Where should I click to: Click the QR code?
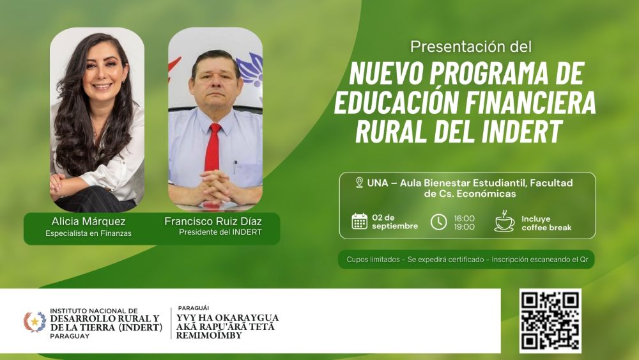pos(550,321)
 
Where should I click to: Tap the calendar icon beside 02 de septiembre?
pos(359,221)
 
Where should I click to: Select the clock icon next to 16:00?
pos(438,222)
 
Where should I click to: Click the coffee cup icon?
pos(504,222)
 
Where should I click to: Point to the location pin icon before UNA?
pos(359,182)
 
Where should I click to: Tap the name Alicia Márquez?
pos(88,221)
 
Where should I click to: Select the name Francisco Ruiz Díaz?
pos(213,221)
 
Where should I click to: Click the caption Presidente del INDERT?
pos(220,232)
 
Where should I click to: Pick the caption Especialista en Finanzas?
pos(88,233)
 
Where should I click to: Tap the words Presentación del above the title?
pos(471,47)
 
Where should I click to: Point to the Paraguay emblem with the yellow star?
pos(35,322)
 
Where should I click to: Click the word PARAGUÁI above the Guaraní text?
pos(193,308)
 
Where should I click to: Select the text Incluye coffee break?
pos(546,223)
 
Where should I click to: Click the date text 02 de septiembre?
pos(395,222)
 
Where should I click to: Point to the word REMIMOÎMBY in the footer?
pos(209,336)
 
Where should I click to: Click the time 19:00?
pos(464,227)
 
